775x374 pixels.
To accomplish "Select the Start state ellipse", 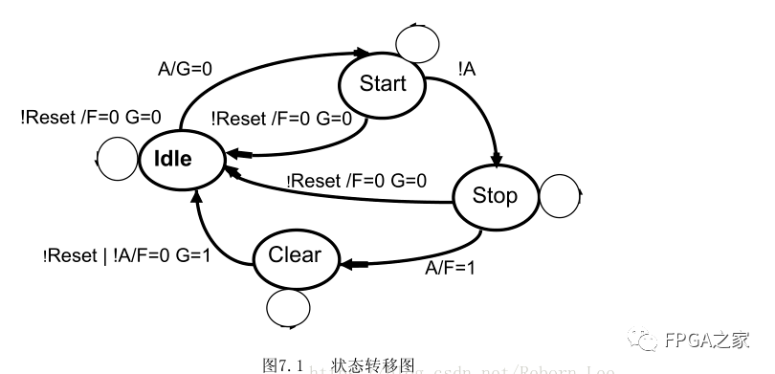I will pos(383,83).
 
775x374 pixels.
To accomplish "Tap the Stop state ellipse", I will pos(494,196).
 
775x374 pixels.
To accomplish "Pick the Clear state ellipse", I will pos(296,255).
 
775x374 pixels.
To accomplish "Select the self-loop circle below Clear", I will pos(288,308).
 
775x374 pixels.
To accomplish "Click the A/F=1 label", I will pos(450,268).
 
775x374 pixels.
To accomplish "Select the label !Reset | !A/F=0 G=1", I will pos(126,256).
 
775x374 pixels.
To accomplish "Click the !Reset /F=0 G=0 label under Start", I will pos(281,119).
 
